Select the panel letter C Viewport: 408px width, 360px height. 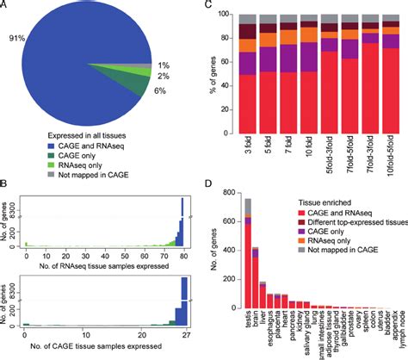[213, 7]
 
